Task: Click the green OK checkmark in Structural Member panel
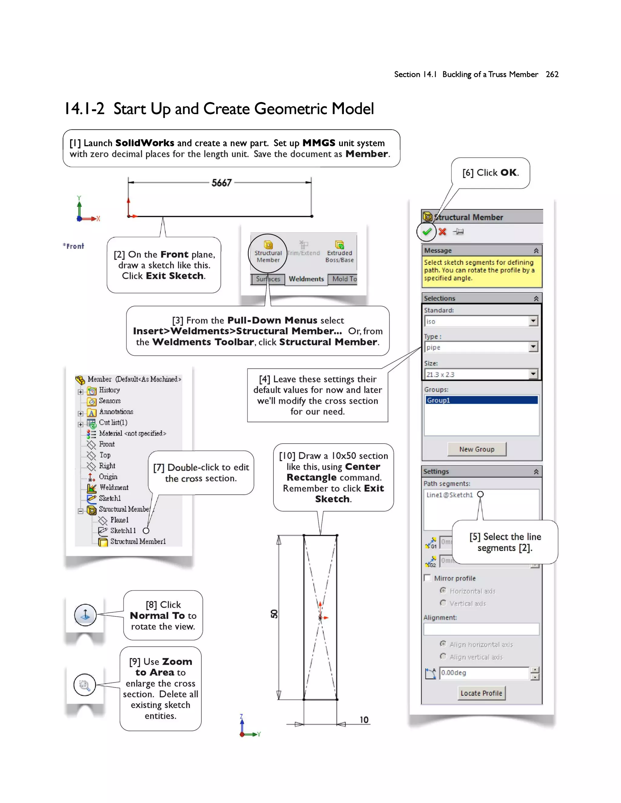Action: (426, 232)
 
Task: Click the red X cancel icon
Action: (442, 232)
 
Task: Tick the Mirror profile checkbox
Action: (428, 578)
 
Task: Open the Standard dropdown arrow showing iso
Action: (533, 321)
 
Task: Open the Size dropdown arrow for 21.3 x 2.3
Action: (533, 374)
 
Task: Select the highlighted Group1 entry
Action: (481, 400)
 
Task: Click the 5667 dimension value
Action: (221, 183)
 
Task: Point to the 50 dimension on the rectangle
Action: (274, 614)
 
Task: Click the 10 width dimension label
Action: (364, 720)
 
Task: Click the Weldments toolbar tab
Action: (306, 279)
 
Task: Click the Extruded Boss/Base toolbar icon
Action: (339, 251)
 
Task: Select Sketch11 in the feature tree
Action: (123, 531)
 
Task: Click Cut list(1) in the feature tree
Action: (113, 422)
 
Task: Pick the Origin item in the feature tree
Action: (108, 477)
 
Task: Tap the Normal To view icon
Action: (85, 615)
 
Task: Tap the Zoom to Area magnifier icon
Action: (85, 685)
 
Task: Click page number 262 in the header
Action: (552, 74)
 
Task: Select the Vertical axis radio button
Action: (443, 603)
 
